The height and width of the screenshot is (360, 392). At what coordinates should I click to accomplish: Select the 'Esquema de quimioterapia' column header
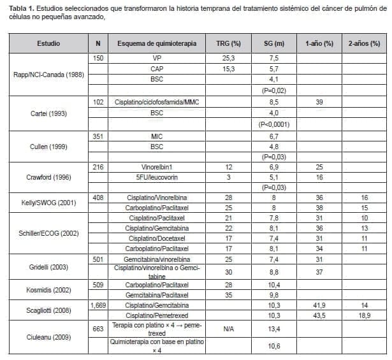click(x=157, y=43)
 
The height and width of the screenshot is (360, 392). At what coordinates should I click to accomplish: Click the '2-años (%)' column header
click(x=364, y=43)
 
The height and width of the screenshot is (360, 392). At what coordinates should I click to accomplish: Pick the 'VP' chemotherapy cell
click(x=157, y=57)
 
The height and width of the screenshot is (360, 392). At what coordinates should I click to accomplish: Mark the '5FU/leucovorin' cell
click(x=157, y=178)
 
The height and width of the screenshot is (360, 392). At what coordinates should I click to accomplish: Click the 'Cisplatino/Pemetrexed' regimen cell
click(x=157, y=315)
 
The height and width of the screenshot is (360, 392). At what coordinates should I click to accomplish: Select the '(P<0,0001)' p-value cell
click(x=274, y=125)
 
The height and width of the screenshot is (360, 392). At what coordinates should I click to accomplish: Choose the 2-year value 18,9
click(x=364, y=315)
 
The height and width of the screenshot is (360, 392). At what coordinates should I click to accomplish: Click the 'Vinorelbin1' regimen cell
click(x=157, y=167)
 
